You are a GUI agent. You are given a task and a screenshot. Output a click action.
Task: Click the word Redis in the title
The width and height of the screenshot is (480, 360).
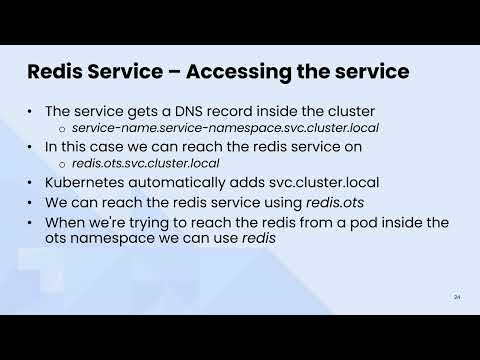point(55,72)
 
